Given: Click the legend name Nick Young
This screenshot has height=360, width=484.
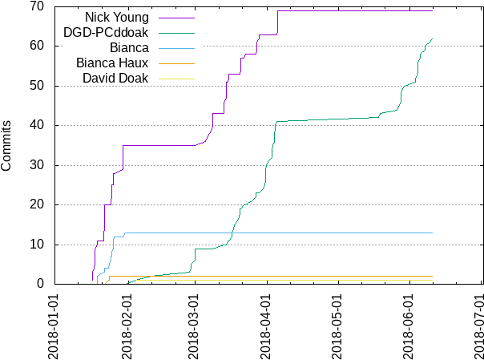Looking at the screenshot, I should [118, 17].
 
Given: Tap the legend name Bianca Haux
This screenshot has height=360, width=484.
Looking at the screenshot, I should [113, 63].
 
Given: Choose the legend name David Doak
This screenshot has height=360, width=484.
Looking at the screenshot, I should [116, 78].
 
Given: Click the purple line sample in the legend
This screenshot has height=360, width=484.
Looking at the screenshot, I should [177, 17].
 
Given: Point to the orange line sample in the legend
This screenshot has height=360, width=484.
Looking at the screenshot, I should [177, 79].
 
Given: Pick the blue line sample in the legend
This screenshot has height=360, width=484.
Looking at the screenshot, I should [177, 47].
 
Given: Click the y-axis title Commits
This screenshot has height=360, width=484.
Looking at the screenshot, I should [6, 145].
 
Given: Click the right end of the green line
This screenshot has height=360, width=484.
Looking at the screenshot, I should [433, 39].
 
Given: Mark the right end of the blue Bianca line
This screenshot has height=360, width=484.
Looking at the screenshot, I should [433, 233].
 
